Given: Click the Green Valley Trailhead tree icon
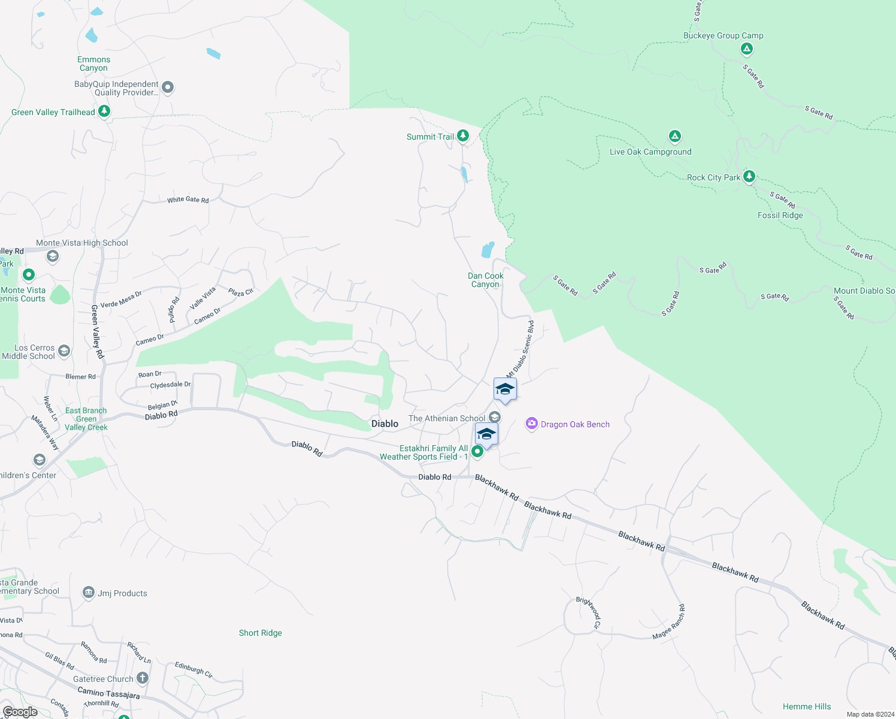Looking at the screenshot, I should [x=104, y=111].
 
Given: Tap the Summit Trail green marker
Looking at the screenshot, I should [x=463, y=136].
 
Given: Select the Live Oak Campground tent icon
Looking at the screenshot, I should [x=675, y=137].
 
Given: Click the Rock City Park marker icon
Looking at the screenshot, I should [x=749, y=176].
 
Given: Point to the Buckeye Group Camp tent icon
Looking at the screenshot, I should [x=746, y=49].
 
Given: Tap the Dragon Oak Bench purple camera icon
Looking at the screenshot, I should [x=531, y=424].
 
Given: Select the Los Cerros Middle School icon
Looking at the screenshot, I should [x=64, y=351].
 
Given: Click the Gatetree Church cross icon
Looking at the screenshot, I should [x=143, y=678].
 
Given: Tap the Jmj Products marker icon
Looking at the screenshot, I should [x=89, y=593].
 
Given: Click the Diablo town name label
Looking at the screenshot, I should [x=385, y=424].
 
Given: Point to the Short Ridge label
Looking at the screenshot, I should [x=260, y=633].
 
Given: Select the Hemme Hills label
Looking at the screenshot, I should [x=807, y=706].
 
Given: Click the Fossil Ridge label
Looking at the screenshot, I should [x=780, y=215].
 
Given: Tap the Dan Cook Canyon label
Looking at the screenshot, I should [x=485, y=280].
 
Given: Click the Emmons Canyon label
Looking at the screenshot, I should [x=93, y=64].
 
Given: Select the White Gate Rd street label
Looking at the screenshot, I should [x=188, y=200].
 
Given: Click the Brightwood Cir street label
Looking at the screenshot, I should [x=588, y=612].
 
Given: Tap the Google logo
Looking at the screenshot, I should [x=20, y=711].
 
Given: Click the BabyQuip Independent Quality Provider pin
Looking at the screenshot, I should [x=168, y=87].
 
